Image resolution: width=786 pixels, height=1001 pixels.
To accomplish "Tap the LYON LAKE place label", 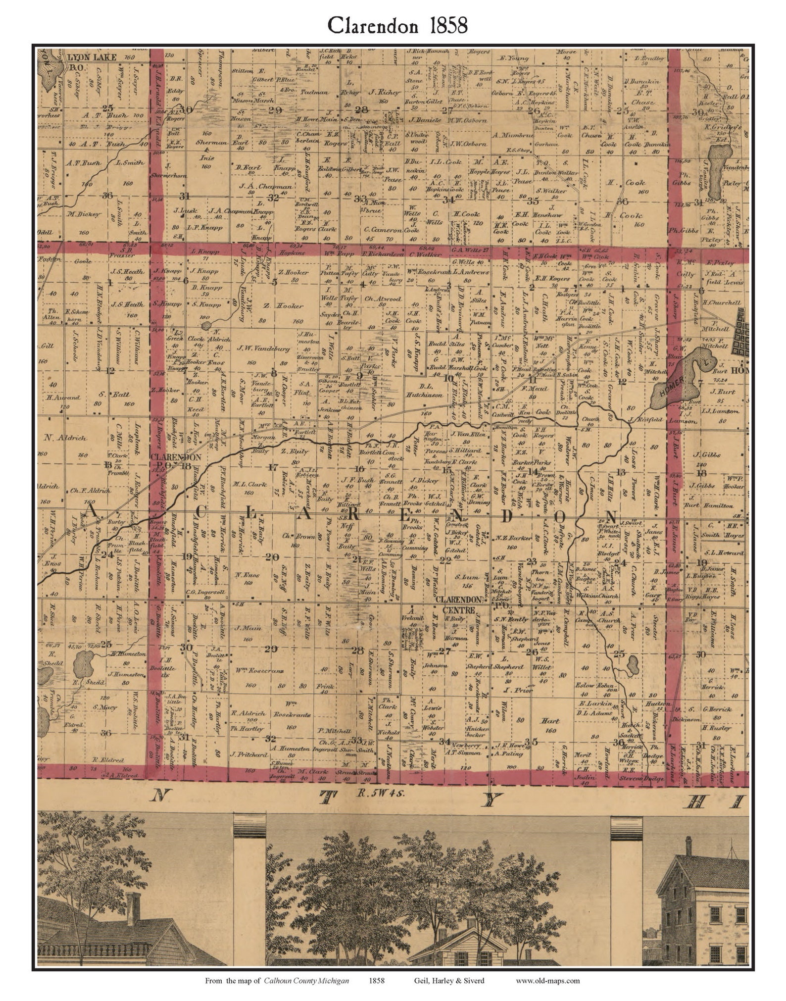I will [x=91, y=57].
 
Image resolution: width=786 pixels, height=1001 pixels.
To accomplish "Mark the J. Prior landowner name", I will [x=518, y=690].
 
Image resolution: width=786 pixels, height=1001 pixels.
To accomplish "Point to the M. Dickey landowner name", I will [x=83, y=214].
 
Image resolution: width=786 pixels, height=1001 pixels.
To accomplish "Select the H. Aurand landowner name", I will [x=63, y=397].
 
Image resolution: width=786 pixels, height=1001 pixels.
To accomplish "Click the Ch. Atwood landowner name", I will [x=382, y=299].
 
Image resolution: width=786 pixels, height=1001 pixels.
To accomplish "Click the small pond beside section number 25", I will [x=632, y=664].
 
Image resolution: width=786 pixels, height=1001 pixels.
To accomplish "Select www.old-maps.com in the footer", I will [x=547, y=980].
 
